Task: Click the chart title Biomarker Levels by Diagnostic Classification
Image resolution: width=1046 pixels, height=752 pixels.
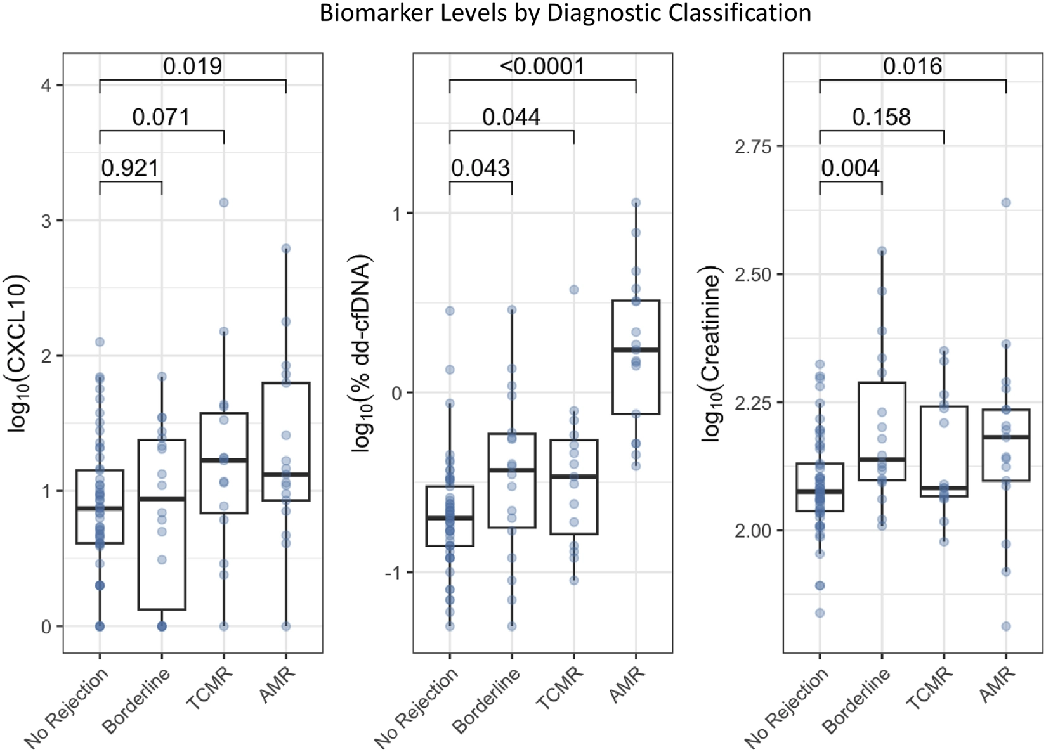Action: (565, 13)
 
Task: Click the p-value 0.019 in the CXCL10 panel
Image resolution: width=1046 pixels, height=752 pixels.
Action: (192, 66)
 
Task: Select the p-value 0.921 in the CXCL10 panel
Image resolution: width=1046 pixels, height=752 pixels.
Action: (130, 168)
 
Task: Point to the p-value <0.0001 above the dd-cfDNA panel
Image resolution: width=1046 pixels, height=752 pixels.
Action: (542, 66)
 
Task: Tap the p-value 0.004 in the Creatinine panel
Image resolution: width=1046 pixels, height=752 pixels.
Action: (850, 168)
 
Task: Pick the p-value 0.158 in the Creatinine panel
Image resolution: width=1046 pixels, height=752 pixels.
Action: (881, 117)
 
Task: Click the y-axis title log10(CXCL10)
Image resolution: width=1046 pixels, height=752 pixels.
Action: (20, 354)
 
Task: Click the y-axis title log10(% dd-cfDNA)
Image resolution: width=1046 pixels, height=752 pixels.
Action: (363, 354)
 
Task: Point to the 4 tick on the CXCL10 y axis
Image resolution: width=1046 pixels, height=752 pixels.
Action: (46, 86)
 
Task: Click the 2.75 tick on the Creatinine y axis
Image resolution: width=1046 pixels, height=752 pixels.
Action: (753, 146)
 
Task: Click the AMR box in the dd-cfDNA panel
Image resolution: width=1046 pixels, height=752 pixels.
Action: (636, 357)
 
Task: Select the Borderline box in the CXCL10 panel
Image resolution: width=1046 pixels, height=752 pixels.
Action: (162, 524)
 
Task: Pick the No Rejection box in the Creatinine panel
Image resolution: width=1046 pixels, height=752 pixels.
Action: (820, 487)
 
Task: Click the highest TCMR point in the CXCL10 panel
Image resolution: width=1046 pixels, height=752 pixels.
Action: (223, 203)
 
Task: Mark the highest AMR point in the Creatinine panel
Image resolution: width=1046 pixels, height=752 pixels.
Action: (1005, 203)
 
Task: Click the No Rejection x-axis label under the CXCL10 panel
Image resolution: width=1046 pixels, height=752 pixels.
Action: (67, 708)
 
